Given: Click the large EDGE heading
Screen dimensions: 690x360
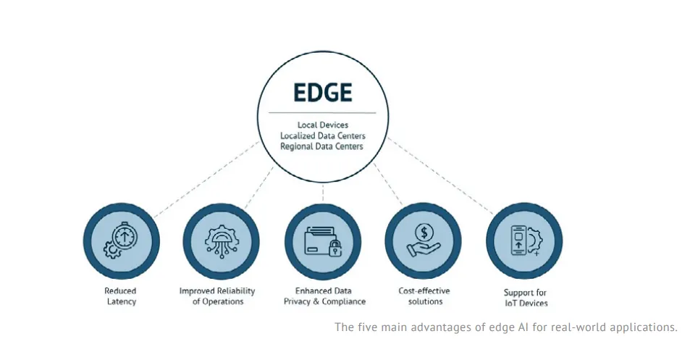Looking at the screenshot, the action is [x=323, y=93].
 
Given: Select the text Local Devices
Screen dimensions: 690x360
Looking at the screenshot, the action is [x=323, y=125].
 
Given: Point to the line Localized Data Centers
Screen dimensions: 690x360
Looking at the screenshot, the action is [x=323, y=135].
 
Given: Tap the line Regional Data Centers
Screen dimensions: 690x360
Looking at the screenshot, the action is [x=321, y=146].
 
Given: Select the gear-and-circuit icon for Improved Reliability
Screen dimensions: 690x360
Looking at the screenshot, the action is [x=222, y=241].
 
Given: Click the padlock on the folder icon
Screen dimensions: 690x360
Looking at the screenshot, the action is [x=335, y=248].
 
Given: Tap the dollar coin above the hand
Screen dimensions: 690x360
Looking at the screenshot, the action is [x=424, y=232].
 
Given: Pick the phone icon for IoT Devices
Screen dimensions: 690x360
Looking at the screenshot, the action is [x=518, y=240].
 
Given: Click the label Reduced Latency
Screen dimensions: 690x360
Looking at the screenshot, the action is [x=121, y=296].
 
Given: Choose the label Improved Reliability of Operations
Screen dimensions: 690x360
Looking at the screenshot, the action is [x=217, y=296].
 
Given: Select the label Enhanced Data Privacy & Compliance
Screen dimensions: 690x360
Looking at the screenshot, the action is [x=324, y=296].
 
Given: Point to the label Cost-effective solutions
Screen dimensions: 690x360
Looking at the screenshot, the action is [x=425, y=296].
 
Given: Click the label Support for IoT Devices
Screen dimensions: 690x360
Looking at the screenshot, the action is [x=526, y=298].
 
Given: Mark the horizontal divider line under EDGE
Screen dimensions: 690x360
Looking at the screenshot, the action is [x=322, y=113].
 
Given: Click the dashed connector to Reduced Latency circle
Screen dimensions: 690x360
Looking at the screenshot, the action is [x=206, y=179].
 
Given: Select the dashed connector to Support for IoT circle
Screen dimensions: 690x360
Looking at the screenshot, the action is [x=440, y=176].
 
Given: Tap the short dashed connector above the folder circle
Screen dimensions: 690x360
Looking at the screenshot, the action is [x=323, y=193].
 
